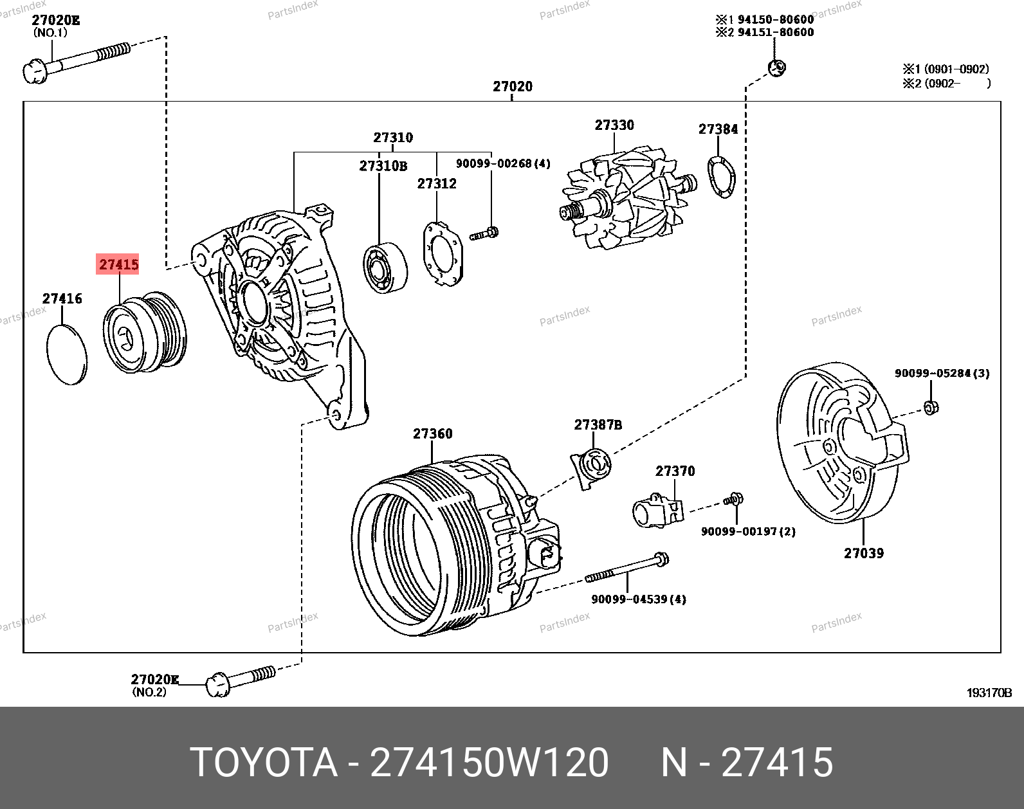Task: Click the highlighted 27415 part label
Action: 118,264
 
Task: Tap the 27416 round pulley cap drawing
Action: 67,354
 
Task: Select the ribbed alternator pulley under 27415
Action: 145,332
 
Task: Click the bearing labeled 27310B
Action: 385,268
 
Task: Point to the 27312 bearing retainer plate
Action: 443,253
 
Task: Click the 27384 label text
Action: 718,129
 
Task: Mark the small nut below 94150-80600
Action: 776,68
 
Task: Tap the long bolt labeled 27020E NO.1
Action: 77,63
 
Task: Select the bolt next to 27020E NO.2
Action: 241,682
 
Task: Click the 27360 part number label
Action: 432,433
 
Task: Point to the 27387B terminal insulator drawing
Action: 591,468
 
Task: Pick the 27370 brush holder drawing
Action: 657,510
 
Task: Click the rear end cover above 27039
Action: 843,442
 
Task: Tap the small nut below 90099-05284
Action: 931,408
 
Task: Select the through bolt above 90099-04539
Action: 626,568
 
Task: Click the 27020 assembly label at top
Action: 513,86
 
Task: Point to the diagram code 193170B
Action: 989,693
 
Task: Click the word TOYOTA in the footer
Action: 264,762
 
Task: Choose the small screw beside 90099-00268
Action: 484,233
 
